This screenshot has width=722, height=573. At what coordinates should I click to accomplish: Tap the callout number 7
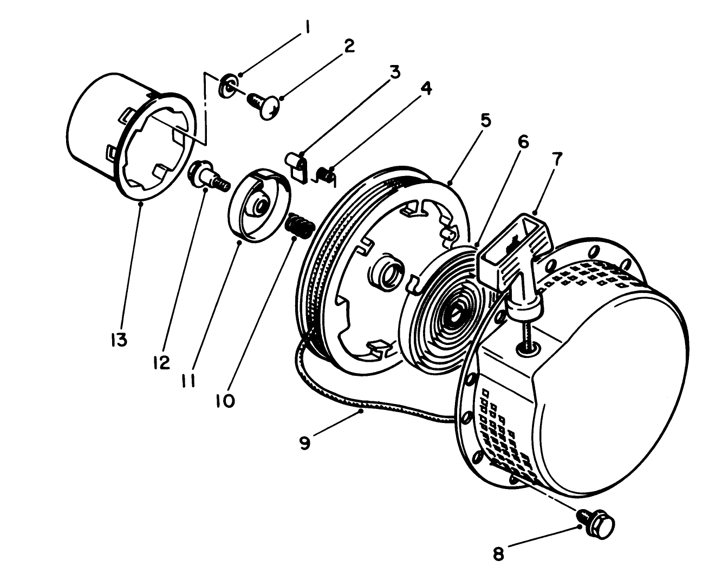[x=557, y=159]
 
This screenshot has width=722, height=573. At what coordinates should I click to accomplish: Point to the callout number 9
[x=304, y=443]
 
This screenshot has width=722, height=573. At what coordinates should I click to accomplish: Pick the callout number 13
[x=119, y=340]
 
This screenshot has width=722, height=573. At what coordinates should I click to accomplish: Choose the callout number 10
[x=226, y=401]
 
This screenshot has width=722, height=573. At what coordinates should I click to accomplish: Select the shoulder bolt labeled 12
[x=209, y=177]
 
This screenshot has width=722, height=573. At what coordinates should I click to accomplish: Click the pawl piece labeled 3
[x=295, y=165]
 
